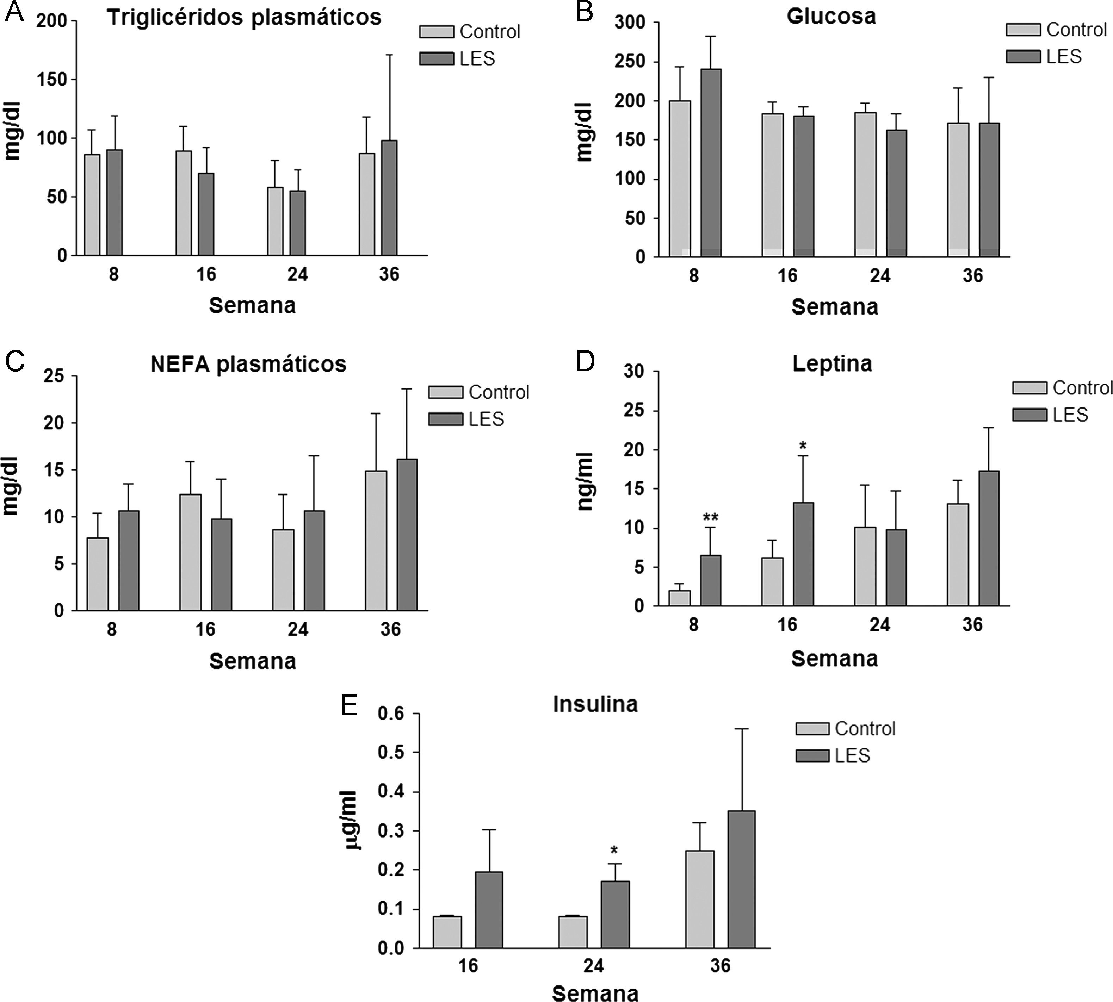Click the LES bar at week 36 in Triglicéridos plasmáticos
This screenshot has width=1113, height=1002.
(x=389, y=198)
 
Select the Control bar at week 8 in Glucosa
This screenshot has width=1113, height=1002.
(x=680, y=179)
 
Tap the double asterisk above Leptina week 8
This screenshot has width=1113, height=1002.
(x=710, y=517)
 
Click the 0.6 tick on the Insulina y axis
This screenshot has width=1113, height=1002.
(x=391, y=714)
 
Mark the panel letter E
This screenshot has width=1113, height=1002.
(x=349, y=705)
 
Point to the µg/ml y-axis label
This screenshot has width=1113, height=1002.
(x=350, y=820)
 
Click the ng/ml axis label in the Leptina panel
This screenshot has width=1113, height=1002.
(x=585, y=482)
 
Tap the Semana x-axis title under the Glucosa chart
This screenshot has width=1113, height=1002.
(x=834, y=307)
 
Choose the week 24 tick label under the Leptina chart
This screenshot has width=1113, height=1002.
(x=879, y=625)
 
